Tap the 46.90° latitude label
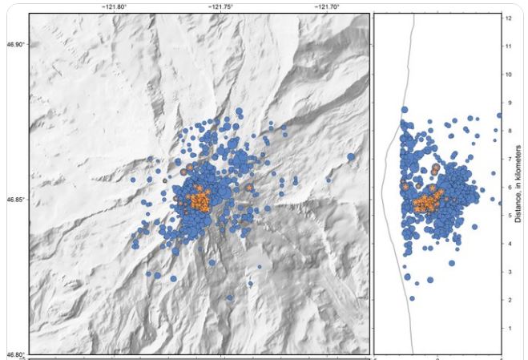[15, 44]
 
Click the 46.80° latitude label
[15, 354]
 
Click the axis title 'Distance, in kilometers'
[518, 184]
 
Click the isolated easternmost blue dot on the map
[351, 157]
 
